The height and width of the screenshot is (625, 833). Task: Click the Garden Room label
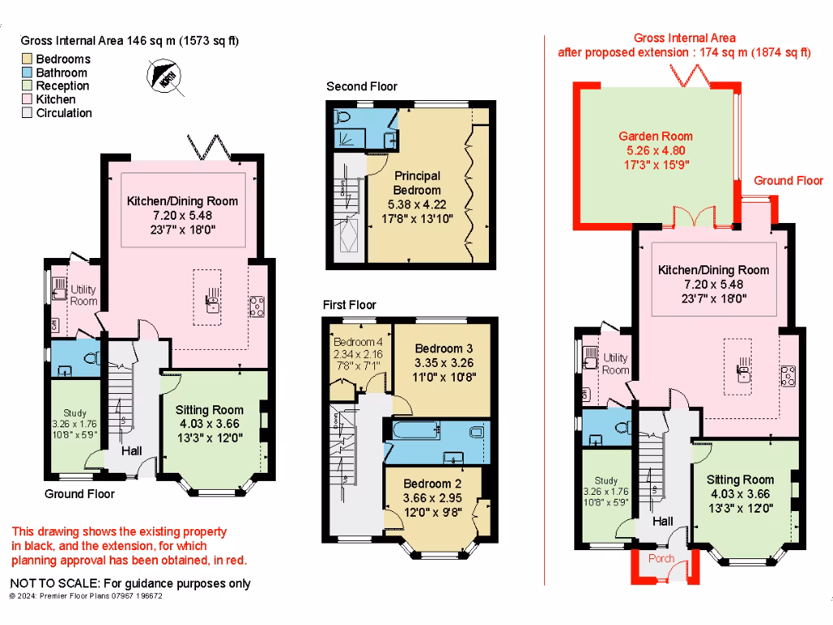click(x=656, y=136)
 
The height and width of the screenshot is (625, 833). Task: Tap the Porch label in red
click(x=661, y=559)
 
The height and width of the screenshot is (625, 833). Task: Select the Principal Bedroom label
click(x=417, y=182)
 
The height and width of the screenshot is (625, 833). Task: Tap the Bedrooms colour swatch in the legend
click(x=27, y=59)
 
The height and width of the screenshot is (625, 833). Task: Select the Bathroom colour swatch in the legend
click(x=27, y=73)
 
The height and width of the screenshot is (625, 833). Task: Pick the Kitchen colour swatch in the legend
click(x=27, y=100)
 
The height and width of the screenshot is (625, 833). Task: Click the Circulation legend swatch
click(x=27, y=114)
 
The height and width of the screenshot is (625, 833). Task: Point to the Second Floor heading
click(x=362, y=86)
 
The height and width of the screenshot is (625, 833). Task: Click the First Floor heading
click(x=350, y=305)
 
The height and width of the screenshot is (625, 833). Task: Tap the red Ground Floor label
click(x=788, y=181)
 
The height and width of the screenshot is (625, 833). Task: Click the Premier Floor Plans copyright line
click(x=85, y=596)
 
